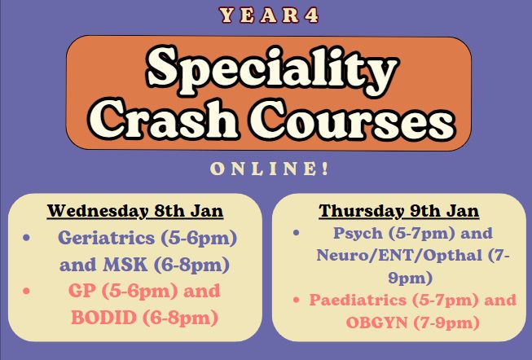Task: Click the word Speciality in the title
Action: click(272, 70)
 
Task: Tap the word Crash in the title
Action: click(163, 120)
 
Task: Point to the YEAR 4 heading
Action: click(269, 15)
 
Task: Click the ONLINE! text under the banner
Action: click(270, 169)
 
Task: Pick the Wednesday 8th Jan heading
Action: click(135, 211)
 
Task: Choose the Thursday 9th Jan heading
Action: click(398, 211)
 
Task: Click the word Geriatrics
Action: click(106, 238)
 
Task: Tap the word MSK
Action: click(125, 265)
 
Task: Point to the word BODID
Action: click(103, 318)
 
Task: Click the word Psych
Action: click(358, 234)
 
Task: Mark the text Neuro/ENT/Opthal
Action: click(399, 255)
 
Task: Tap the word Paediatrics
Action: click(358, 300)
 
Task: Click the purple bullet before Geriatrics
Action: click(26, 238)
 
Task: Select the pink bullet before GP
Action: click(26, 291)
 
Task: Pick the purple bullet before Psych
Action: click(297, 233)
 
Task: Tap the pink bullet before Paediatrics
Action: click(297, 300)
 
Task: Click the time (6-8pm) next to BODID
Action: click(180, 318)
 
